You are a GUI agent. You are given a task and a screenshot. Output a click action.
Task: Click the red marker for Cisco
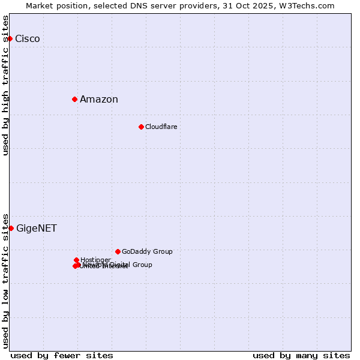[x=10, y=38]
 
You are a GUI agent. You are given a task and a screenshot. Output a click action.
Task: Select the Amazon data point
[x=74, y=99]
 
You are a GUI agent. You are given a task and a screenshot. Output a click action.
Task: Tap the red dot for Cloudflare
[x=141, y=127]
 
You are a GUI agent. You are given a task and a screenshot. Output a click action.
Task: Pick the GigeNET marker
[x=11, y=228]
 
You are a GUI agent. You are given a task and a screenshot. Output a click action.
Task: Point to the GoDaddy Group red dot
[x=118, y=251]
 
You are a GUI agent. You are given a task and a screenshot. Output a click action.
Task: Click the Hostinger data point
[x=76, y=260]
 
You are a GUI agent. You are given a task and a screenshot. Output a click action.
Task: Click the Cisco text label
[x=28, y=39]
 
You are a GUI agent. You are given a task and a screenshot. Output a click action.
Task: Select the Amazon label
[x=99, y=100]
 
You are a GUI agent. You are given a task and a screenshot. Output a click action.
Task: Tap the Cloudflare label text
[x=161, y=127]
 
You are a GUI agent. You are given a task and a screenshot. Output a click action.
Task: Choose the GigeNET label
[x=37, y=229]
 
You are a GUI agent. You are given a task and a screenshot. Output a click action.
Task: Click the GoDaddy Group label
[x=147, y=251]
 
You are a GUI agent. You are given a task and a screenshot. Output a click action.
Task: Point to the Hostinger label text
[x=96, y=260]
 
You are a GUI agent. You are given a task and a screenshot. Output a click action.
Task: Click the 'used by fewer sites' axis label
[x=62, y=355]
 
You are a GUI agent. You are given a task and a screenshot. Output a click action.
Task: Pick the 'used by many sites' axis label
[x=301, y=355]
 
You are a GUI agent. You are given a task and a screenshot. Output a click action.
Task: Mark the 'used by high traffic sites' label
[x=6, y=85]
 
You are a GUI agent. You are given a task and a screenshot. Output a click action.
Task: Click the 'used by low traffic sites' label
[x=6, y=280]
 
